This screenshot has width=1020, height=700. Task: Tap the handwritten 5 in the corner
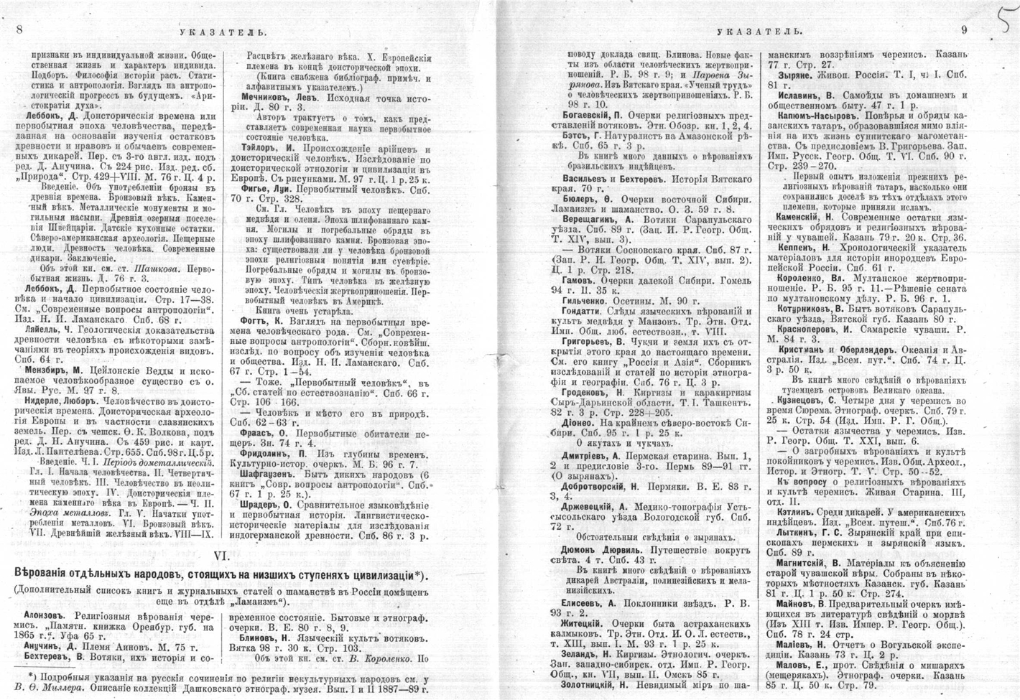pos(1001,27)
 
